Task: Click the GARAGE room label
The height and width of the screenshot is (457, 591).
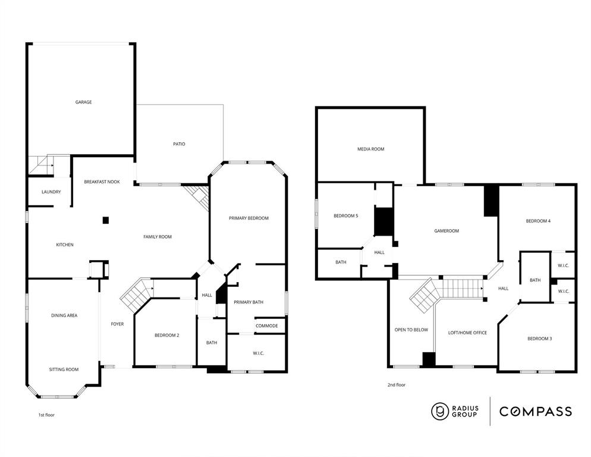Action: tap(83, 102)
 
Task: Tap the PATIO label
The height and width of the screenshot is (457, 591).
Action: tap(179, 144)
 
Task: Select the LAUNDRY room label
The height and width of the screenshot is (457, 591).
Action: tap(51, 192)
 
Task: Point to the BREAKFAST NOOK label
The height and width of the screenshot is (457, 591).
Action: tap(102, 182)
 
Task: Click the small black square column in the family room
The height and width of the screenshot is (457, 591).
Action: tap(106, 220)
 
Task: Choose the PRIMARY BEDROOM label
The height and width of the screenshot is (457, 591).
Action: tap(249, 218)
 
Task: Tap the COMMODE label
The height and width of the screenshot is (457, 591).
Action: tap(266, 326)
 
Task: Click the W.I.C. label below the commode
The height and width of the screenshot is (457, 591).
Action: tap(258, 353)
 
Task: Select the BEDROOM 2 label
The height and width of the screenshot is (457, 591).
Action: tap(166, 336)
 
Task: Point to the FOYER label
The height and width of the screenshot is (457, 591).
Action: tap(117, 324)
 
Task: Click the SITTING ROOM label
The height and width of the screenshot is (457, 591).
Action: tap(64, 370)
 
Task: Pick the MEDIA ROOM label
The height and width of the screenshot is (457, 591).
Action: tap(370, 149)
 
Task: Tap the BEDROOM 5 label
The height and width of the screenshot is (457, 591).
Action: tap(345, 216)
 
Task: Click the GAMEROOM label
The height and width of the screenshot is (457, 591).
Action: tap(447, 231)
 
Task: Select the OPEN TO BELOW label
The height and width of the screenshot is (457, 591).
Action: tap(411, 330)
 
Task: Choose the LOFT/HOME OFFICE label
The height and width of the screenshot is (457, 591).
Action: tap(467, 333)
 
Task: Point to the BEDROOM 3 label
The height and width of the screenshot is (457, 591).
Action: tap(539, 339)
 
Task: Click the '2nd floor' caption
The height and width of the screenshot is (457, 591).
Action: tap(396, 385)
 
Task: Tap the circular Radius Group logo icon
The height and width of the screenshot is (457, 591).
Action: tap(440, 411)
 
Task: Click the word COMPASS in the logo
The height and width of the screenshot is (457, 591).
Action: tap(535, 411)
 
